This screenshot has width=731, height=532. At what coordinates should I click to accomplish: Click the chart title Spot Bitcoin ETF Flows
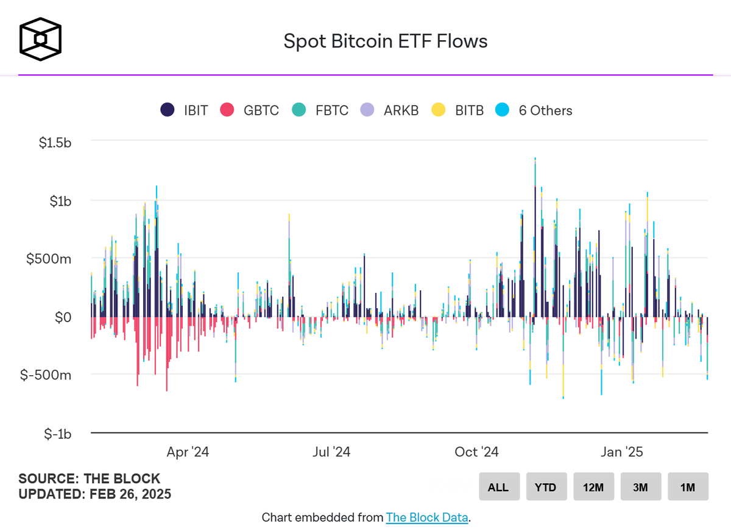[386, 41]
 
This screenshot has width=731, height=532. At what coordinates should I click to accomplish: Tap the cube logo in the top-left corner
[41, 41]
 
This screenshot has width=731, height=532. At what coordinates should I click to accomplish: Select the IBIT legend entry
[184, 110]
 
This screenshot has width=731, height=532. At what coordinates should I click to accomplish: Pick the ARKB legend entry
[390, 110]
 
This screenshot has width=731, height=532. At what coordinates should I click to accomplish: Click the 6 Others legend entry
[535, 110]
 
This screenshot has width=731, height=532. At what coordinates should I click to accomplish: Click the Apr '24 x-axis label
[188, 452]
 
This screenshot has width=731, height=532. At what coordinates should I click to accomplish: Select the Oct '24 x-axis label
[477, 452]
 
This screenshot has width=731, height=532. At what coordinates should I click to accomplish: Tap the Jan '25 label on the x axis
[621, 452]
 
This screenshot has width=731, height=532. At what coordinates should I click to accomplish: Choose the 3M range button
[640, 487]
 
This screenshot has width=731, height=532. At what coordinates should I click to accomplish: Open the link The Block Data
[427, 518]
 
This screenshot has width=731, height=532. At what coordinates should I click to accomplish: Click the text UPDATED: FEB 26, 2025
[94, 494]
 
